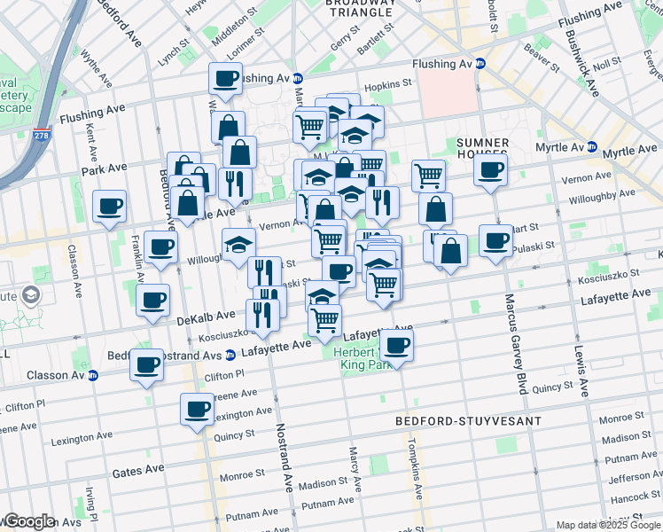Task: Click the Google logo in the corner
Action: click(x=29, y=521)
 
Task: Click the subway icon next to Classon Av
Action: click(x=92, y=375)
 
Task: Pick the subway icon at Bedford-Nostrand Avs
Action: click(x=230, y=356)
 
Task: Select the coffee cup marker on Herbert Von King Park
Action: click(x=396, y=346)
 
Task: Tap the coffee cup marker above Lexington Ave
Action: click(x=197, y=410)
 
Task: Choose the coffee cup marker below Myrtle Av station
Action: click(x=489, y=170)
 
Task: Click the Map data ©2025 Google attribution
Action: click(x=606, y=525)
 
